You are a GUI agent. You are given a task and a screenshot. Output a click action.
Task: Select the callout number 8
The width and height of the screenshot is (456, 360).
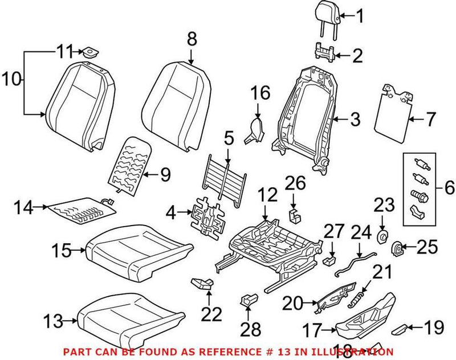point(192,39)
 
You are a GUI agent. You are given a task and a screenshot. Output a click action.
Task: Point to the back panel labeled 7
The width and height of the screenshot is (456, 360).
point(394,108)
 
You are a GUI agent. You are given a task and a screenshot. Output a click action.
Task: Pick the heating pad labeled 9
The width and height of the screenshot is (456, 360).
point(129,165)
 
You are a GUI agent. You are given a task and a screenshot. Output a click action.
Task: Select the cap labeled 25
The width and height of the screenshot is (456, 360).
point(395,248)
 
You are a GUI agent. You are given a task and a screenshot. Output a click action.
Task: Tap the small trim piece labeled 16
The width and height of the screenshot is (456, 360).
point(254,130)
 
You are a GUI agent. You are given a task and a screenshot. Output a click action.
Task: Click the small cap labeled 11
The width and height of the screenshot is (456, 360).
point(89,52)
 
